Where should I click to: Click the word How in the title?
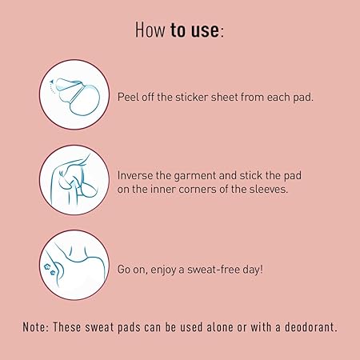pyautogui.click(x=150, y=30)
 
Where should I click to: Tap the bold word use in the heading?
pyautogui.click(x=205, y=30)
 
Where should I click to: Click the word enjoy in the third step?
pyautogui.click(x=163, y=270)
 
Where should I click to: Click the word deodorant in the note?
pyautogui.click(x=310, y=327)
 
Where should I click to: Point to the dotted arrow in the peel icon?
pyautogui.click(x=53, y=86)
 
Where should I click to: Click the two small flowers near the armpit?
pyautogui.click(x=50, y=270)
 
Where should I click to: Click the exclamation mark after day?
pyautogui.click(x=262, y=269)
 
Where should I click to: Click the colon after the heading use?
pyautogui.click(x=222, y=33)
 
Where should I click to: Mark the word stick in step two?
pyautogui.click(x=250, y=175)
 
